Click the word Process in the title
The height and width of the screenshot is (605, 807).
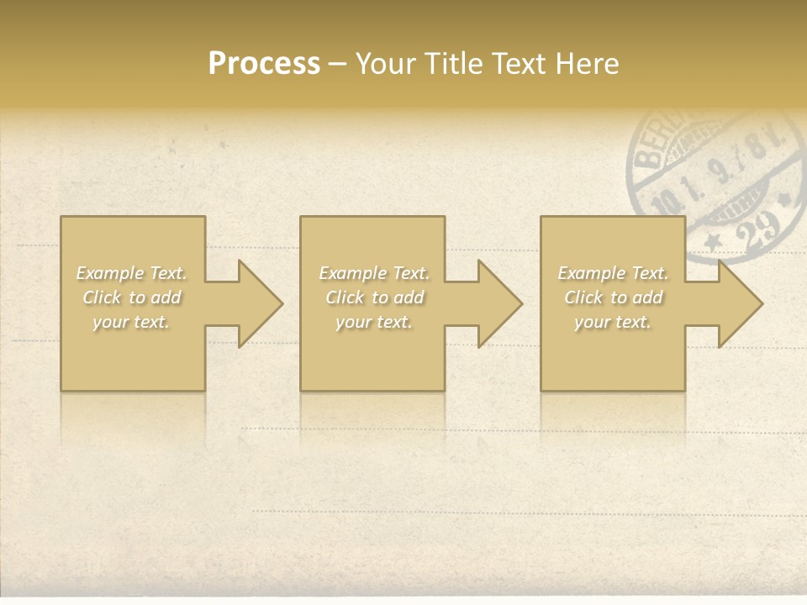click(x=264, y=64)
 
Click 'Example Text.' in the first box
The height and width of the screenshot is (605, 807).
click(x=131, y=273)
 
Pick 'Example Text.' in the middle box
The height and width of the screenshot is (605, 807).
click(x=374, y=273)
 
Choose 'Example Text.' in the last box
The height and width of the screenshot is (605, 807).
click(x=613, y=273)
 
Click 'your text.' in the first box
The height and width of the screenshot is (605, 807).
click(x=131, y=322)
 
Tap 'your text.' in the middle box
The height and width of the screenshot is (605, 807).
click(x=374, y=322)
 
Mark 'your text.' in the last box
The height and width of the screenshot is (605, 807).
click(x=613, y=322)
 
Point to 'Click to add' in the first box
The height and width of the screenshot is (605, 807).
click(x=131, y=297)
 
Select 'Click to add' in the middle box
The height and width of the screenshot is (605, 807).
click(x=374, y=297)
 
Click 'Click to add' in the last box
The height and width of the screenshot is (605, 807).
click(x=613, y=297)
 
